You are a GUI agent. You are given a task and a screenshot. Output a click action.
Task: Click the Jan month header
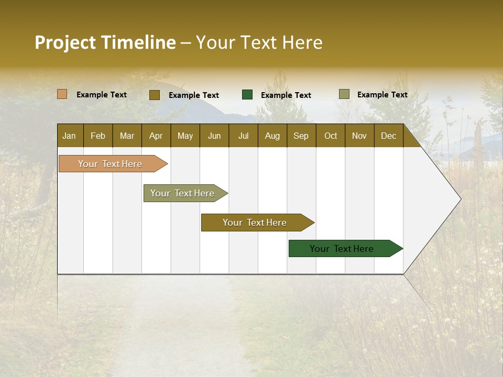70,136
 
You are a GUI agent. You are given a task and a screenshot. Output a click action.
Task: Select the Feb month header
98,136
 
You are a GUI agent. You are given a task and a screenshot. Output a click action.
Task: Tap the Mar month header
127,136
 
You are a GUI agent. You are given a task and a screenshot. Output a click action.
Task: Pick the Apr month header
156,136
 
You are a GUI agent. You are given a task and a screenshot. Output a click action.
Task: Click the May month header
185,136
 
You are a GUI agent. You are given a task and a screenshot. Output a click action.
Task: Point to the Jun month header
214,136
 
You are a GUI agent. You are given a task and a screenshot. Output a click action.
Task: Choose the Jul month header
243,136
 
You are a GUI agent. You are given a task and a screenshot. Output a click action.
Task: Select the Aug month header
272,136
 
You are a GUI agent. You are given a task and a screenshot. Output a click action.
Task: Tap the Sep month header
301,136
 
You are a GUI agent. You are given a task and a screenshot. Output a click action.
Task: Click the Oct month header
331,136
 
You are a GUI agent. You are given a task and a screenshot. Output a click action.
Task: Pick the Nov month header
359,136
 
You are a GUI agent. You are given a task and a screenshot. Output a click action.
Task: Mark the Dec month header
389,136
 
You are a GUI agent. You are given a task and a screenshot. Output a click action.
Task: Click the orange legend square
62,94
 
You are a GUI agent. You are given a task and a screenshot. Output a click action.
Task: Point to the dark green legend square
247,95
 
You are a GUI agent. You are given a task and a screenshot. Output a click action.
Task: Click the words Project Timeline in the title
105,42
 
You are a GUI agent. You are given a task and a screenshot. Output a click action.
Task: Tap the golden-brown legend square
155,95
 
